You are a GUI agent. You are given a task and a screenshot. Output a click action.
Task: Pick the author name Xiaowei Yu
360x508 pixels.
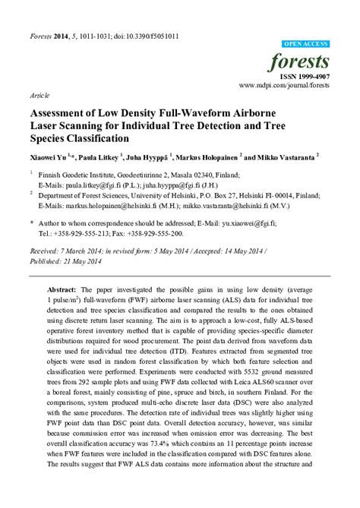(x=49, y=156)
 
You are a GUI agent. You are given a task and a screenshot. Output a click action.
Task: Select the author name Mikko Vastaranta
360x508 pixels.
(x=285, y=156)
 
